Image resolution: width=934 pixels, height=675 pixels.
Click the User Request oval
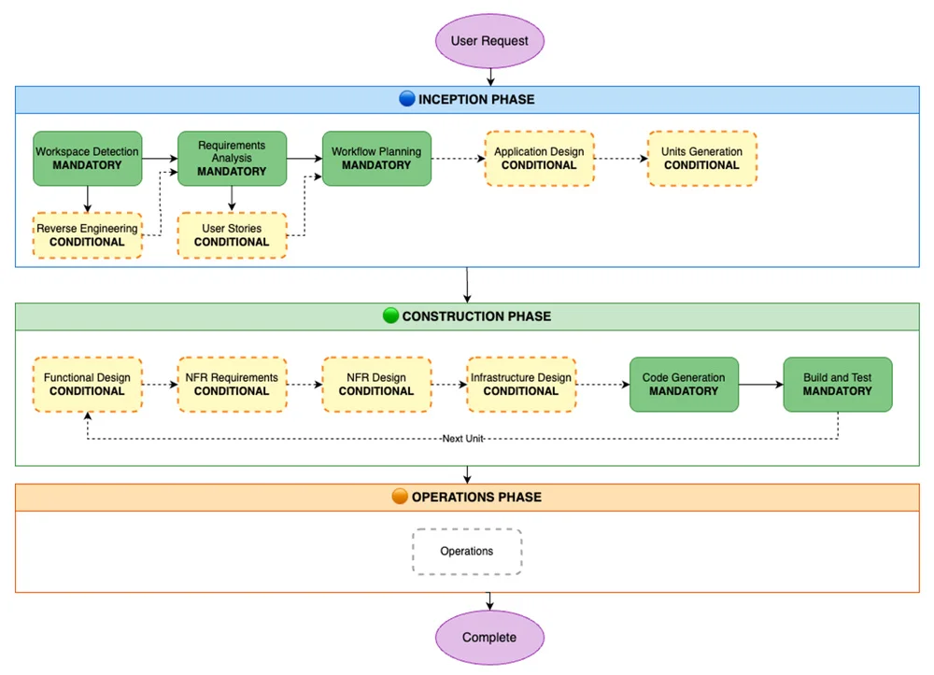489,41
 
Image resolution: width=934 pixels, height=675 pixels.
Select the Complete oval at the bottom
489,637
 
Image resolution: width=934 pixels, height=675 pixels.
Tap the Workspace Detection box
88,159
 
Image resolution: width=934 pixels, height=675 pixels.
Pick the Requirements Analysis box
232,159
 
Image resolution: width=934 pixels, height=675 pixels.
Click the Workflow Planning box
376,159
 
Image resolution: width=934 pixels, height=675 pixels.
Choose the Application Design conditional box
539,159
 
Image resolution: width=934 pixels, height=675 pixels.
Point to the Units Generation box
701,159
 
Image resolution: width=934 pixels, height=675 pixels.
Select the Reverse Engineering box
88,235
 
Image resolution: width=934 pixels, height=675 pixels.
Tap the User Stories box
232,235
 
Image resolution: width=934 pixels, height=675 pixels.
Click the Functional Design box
88,385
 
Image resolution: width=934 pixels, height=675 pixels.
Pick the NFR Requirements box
232,385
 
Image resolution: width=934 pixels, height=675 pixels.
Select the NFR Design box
376,385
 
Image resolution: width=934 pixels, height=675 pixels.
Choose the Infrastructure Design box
521,385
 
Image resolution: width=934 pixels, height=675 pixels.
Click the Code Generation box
684,385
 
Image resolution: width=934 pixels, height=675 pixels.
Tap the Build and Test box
838,385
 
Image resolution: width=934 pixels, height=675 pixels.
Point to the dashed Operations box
467,551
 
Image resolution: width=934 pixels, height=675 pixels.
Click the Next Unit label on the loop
463,439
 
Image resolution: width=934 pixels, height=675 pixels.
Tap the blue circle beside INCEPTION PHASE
407,99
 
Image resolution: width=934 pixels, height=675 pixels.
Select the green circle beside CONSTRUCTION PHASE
390,316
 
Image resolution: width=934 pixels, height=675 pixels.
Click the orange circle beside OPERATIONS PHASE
401,497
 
